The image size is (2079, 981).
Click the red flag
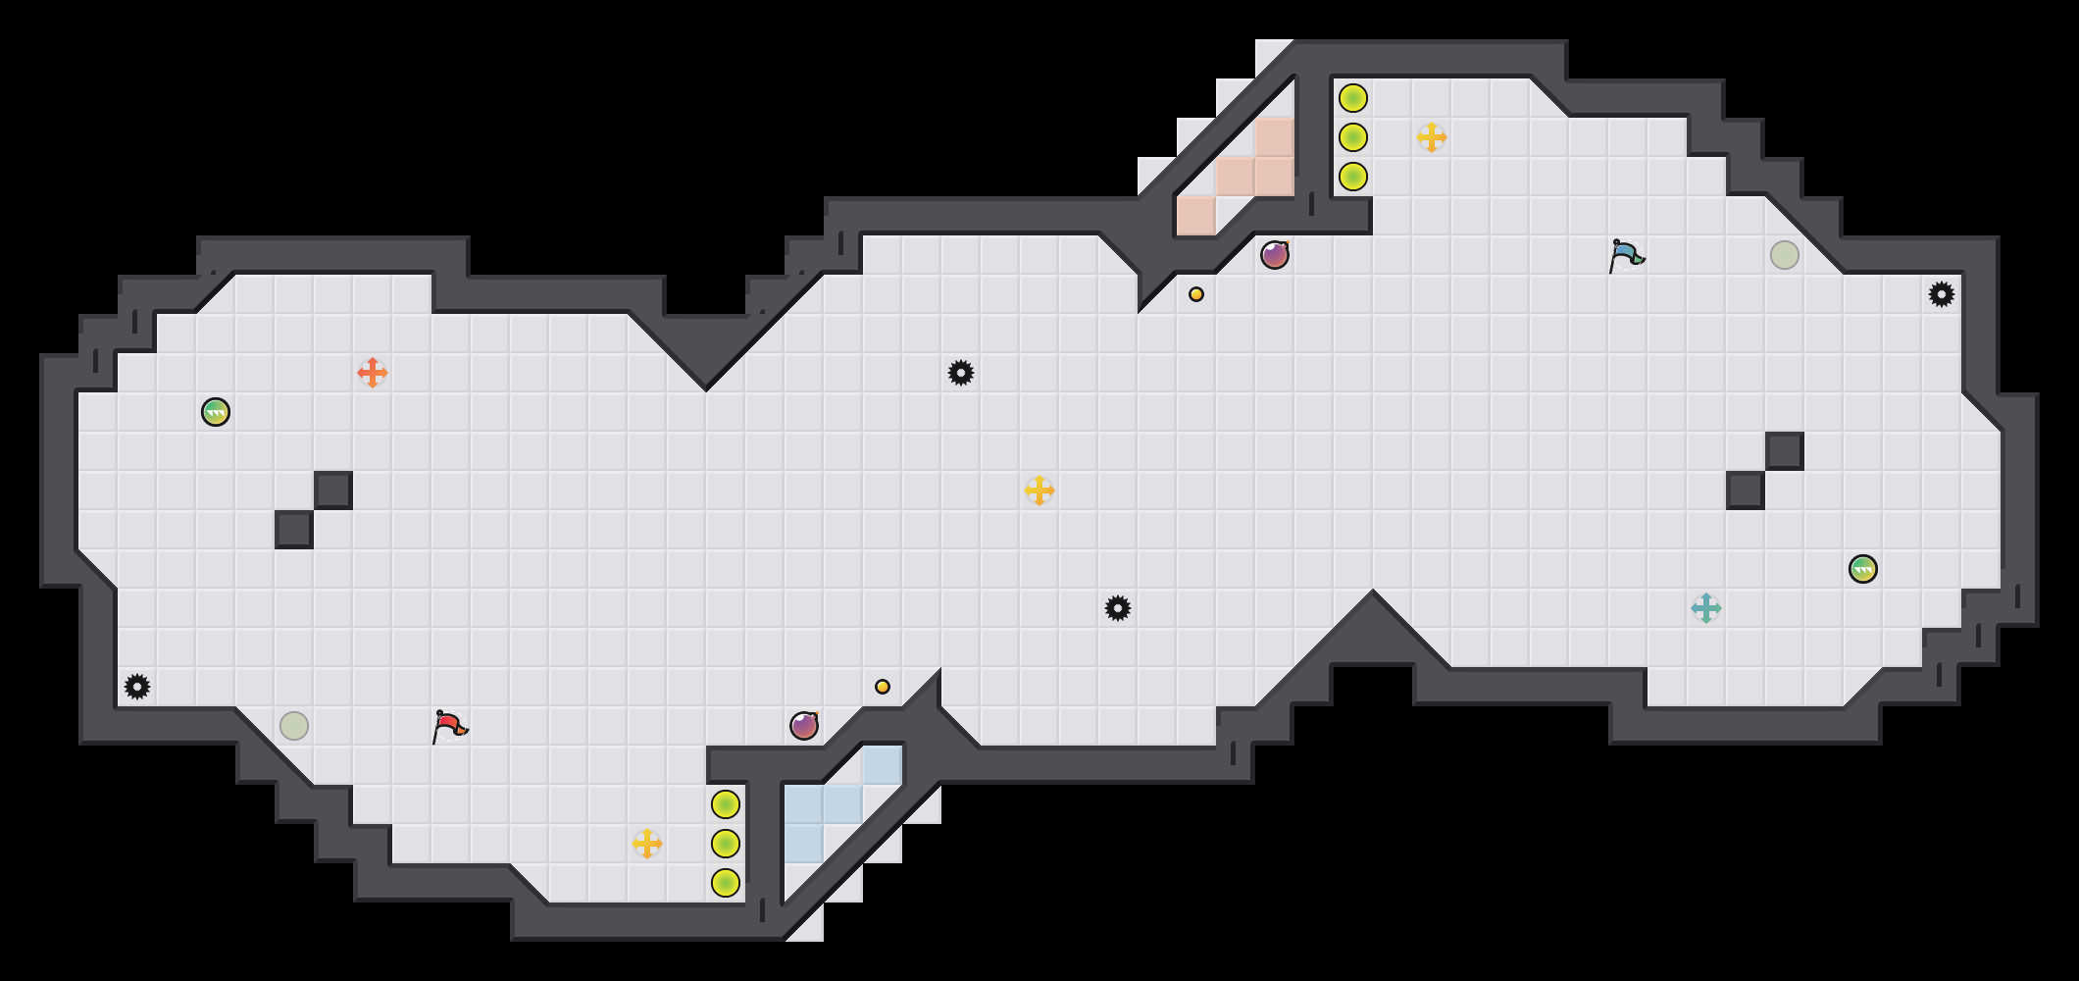(x=449, y=726)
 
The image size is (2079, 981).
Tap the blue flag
(x=1626, y=255)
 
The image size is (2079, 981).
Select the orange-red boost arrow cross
(x=373, y=373)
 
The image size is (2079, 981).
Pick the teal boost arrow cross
(x=1706, y=608)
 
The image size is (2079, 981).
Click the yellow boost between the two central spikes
(x=1039, y=490)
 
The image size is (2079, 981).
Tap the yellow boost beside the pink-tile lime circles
(x=1432, y=137)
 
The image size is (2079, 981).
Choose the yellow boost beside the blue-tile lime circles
(x=647, y=844)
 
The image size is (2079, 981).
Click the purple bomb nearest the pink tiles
(x=1275, y=255)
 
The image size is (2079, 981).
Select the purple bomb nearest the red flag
(x=804, y=726)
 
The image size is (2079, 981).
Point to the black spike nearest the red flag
(x=137, y=687)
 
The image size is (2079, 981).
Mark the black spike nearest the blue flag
(x=1942, y=294)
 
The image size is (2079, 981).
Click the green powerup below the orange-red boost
(x=216, y=412)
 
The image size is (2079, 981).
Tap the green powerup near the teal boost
(x=1863, y=569)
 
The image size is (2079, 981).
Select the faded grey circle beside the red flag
(x=294, y=726)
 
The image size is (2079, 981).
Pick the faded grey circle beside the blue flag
(x=1785, y=255)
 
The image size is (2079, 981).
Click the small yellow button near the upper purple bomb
(x=1196, y=294)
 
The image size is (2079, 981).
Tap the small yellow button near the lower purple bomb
(x=883, y=687)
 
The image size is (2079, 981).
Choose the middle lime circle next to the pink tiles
(x=1353, y=137)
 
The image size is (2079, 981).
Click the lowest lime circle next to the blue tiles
(x=726, y=883)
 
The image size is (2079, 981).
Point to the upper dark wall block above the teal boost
(x=1785, y=451)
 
